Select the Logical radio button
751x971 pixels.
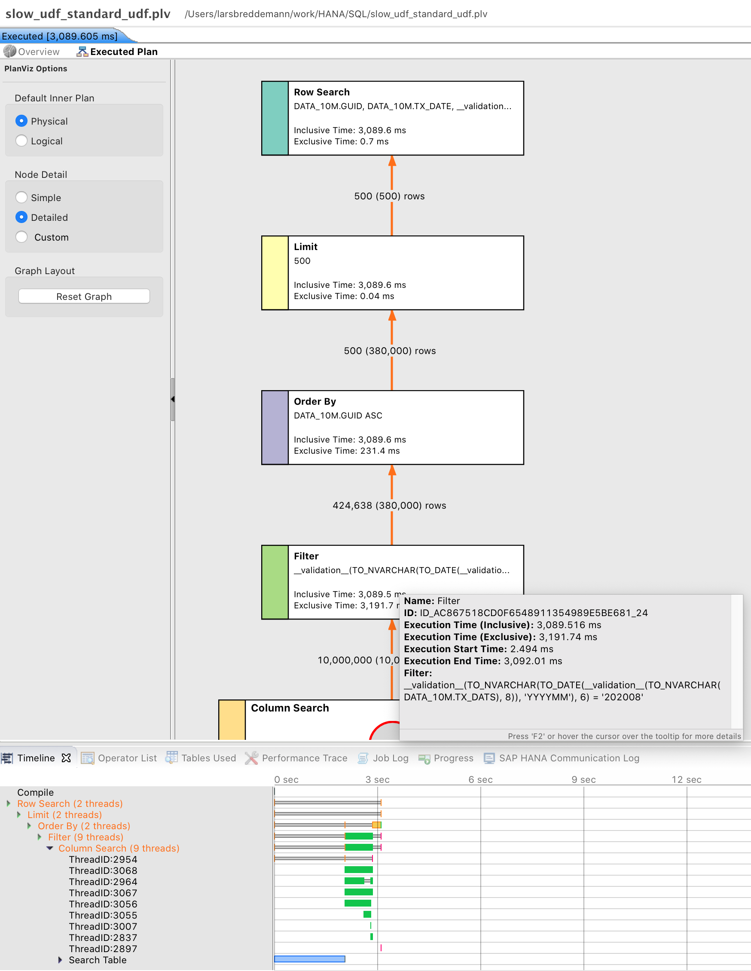pyautogui.click(x=21, y=141)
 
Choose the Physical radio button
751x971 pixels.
pyautogui.click(x=21, y=121)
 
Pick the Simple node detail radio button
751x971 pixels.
pyautogui.click(x=21, y=197)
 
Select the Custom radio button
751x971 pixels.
pyautogui.click(x=21, y=237)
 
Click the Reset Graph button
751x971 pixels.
pyautogui.click(x=84, y=296)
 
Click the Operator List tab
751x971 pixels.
pyautogui.click(x=119, y=758)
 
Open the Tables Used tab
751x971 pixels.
pyautogui.click(x=201, y=758)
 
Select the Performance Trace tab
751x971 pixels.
pyautogui.click(x=296, y=758)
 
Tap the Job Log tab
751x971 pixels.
pyautogui.click(x=383, y=758)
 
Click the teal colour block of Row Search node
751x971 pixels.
pyautogui.click(x=275, y=118)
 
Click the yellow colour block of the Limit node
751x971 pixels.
pyautogui.click(x=275, y=273)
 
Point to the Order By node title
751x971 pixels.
pyautogui.click(x=315, y=401)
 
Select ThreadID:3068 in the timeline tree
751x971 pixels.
pyautogui.click(x=103, y=870)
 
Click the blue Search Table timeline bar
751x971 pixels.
pyautogui.click(x=309, y=959)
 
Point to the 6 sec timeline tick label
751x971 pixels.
pyautogui.click(x=480, y=779)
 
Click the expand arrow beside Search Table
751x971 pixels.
pyautogui.click(x=60, y=960)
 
